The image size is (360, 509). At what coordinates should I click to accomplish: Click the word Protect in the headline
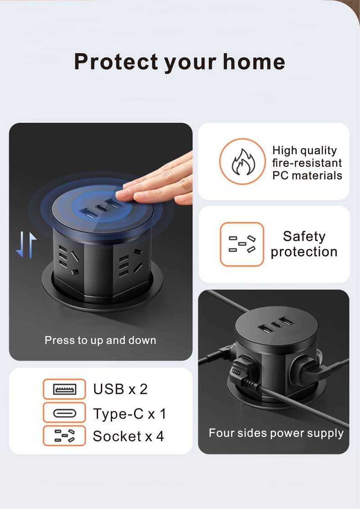tap(117, 62)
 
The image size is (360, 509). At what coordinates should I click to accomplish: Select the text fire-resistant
tap(307, 163)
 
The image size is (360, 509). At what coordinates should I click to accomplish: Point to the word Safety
tap(304, 236)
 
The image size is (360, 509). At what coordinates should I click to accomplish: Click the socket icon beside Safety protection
tap(242, 244)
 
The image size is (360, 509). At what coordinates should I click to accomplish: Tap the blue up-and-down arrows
tap(26, 245)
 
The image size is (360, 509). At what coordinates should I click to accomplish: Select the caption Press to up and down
tap(100, 340)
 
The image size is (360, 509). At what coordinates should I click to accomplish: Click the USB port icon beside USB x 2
tap(64, 389)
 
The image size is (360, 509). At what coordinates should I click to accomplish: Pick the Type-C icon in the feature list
tap(64, 413)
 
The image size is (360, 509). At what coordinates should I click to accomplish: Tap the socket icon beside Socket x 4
tap(64, 436)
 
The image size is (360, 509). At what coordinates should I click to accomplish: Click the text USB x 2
tap(120, 389)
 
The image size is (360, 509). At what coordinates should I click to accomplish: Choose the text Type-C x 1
tap(130, 414)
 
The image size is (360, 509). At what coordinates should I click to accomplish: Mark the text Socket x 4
tap(128, 436)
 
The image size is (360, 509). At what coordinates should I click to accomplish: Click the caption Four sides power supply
tap(276, 433)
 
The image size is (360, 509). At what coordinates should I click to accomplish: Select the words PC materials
tap(307, 176)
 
